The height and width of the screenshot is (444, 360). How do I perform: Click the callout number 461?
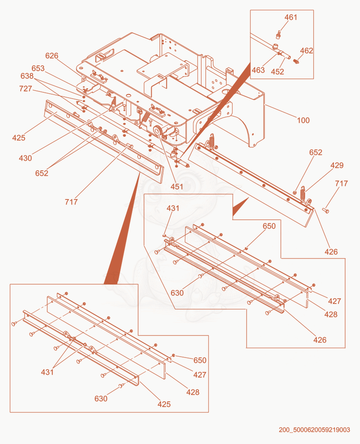(x=291, y=18)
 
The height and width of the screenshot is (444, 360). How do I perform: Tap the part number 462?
(x=306, y=51)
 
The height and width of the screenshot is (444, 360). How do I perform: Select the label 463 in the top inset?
(x=258, y=70)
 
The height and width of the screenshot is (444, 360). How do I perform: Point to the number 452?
(x=277, y=72)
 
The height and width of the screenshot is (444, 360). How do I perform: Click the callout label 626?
(x=52, y=56)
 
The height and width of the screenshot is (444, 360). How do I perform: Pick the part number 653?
(x=38, y=68)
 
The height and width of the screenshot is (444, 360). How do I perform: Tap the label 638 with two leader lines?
(x=27, y=76)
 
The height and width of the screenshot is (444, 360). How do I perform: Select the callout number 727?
(x=26, y=89)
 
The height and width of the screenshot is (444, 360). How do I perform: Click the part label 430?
(x=25, y=158)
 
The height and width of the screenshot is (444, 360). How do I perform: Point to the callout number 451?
(x=176, y=186)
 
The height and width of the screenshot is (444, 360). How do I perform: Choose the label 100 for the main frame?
(x=303, y=120)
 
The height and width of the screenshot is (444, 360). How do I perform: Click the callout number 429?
(x=337, y=165)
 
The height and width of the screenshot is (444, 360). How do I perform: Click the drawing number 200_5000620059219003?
(x=315, y=430)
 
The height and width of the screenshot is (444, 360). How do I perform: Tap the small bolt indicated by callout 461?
(x=278, y=35)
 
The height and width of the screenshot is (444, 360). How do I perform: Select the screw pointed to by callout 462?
(x=296, y=61)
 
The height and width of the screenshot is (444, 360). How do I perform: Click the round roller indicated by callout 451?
(x=157, y=131)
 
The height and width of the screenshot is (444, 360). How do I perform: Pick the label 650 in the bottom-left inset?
(x=200, y=360)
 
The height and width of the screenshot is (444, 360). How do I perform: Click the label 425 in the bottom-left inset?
(x=164, y=404)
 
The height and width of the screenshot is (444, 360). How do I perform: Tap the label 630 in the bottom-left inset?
(x=101, y=399)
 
